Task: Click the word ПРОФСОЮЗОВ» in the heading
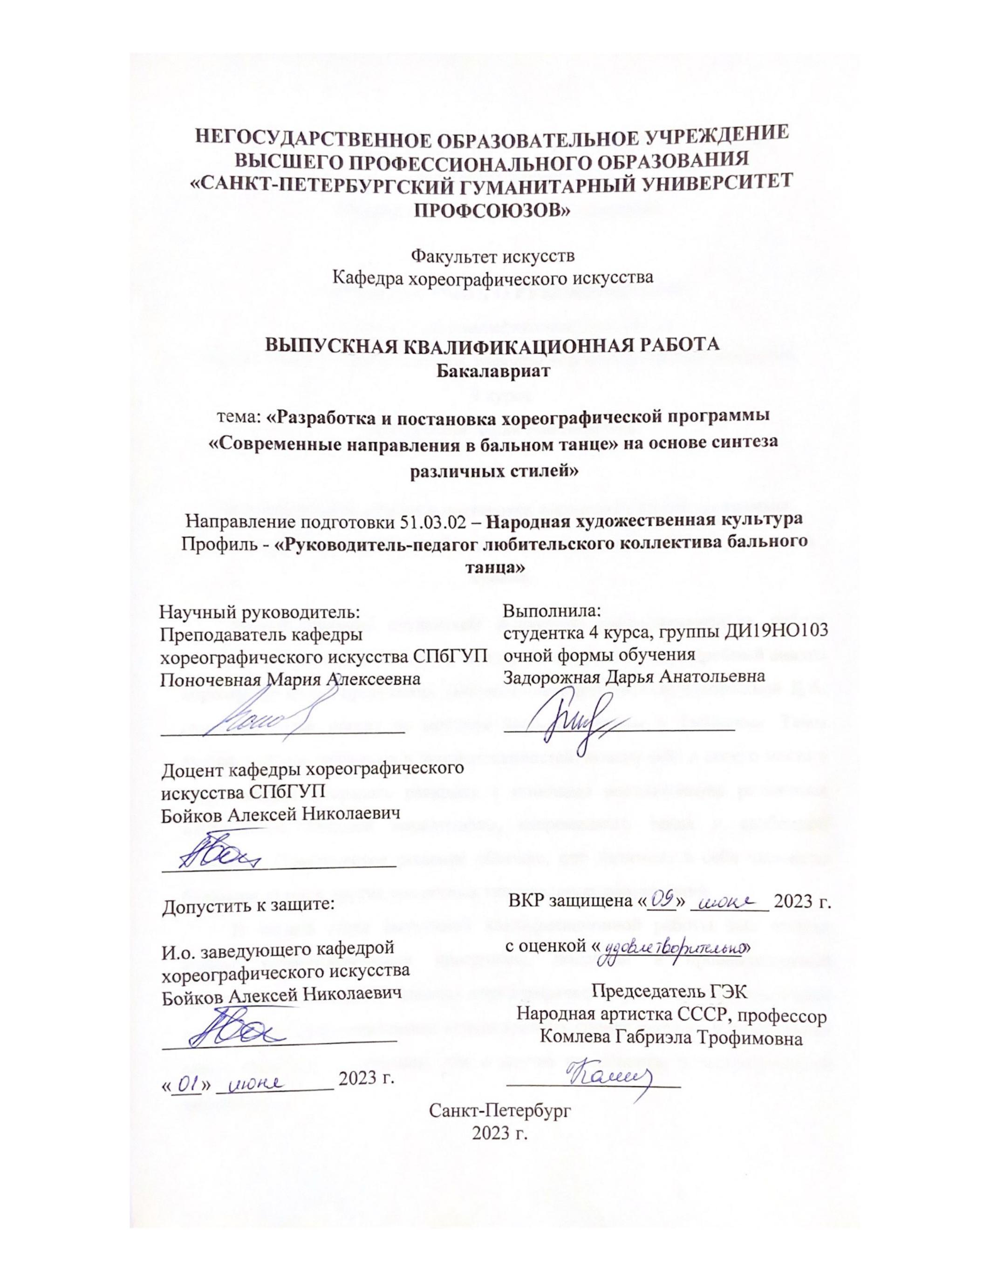point(492,210)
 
